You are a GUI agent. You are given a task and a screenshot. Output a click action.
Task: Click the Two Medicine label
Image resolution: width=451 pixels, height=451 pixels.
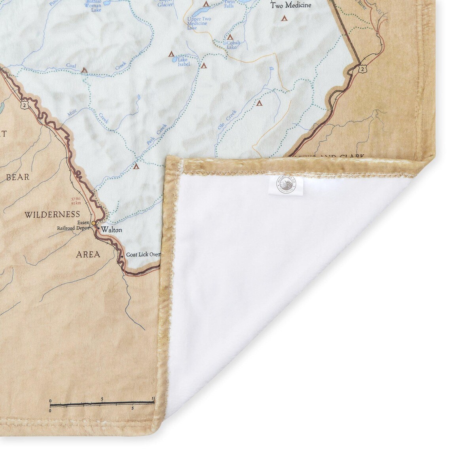[291, 6]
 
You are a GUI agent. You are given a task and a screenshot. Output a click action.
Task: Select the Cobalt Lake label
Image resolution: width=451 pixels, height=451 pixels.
[232, 44]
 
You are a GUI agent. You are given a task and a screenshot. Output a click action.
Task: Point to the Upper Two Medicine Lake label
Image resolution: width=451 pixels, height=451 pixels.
[199, 23]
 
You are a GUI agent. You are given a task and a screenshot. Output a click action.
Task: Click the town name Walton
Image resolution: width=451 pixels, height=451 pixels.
[111, 229]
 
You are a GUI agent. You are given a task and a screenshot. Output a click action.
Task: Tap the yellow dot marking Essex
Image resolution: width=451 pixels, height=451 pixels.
[93, 224]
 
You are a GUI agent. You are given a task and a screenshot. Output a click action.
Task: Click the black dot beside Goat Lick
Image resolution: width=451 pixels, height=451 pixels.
[122, 256]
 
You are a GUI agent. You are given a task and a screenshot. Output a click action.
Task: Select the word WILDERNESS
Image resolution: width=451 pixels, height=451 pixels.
[52, 215]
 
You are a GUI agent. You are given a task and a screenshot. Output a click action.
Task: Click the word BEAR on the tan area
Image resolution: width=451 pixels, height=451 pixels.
[18, 177]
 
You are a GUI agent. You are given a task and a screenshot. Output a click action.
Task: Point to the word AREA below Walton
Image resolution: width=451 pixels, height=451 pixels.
[88, 254]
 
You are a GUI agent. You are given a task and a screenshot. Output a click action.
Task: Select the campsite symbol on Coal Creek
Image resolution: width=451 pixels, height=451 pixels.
[84, 70]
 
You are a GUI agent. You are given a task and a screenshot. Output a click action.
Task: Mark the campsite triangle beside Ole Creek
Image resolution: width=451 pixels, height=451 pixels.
[259, 103]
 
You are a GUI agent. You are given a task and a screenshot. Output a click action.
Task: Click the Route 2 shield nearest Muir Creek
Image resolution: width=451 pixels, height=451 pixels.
[25, 104]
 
